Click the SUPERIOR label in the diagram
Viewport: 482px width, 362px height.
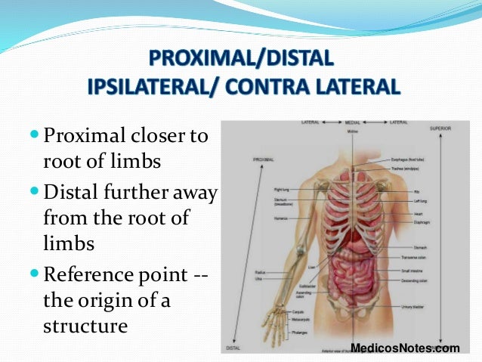[440, 129]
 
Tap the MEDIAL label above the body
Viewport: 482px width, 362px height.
[351, 122]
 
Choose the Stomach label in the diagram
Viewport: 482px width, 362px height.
[420, 247]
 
